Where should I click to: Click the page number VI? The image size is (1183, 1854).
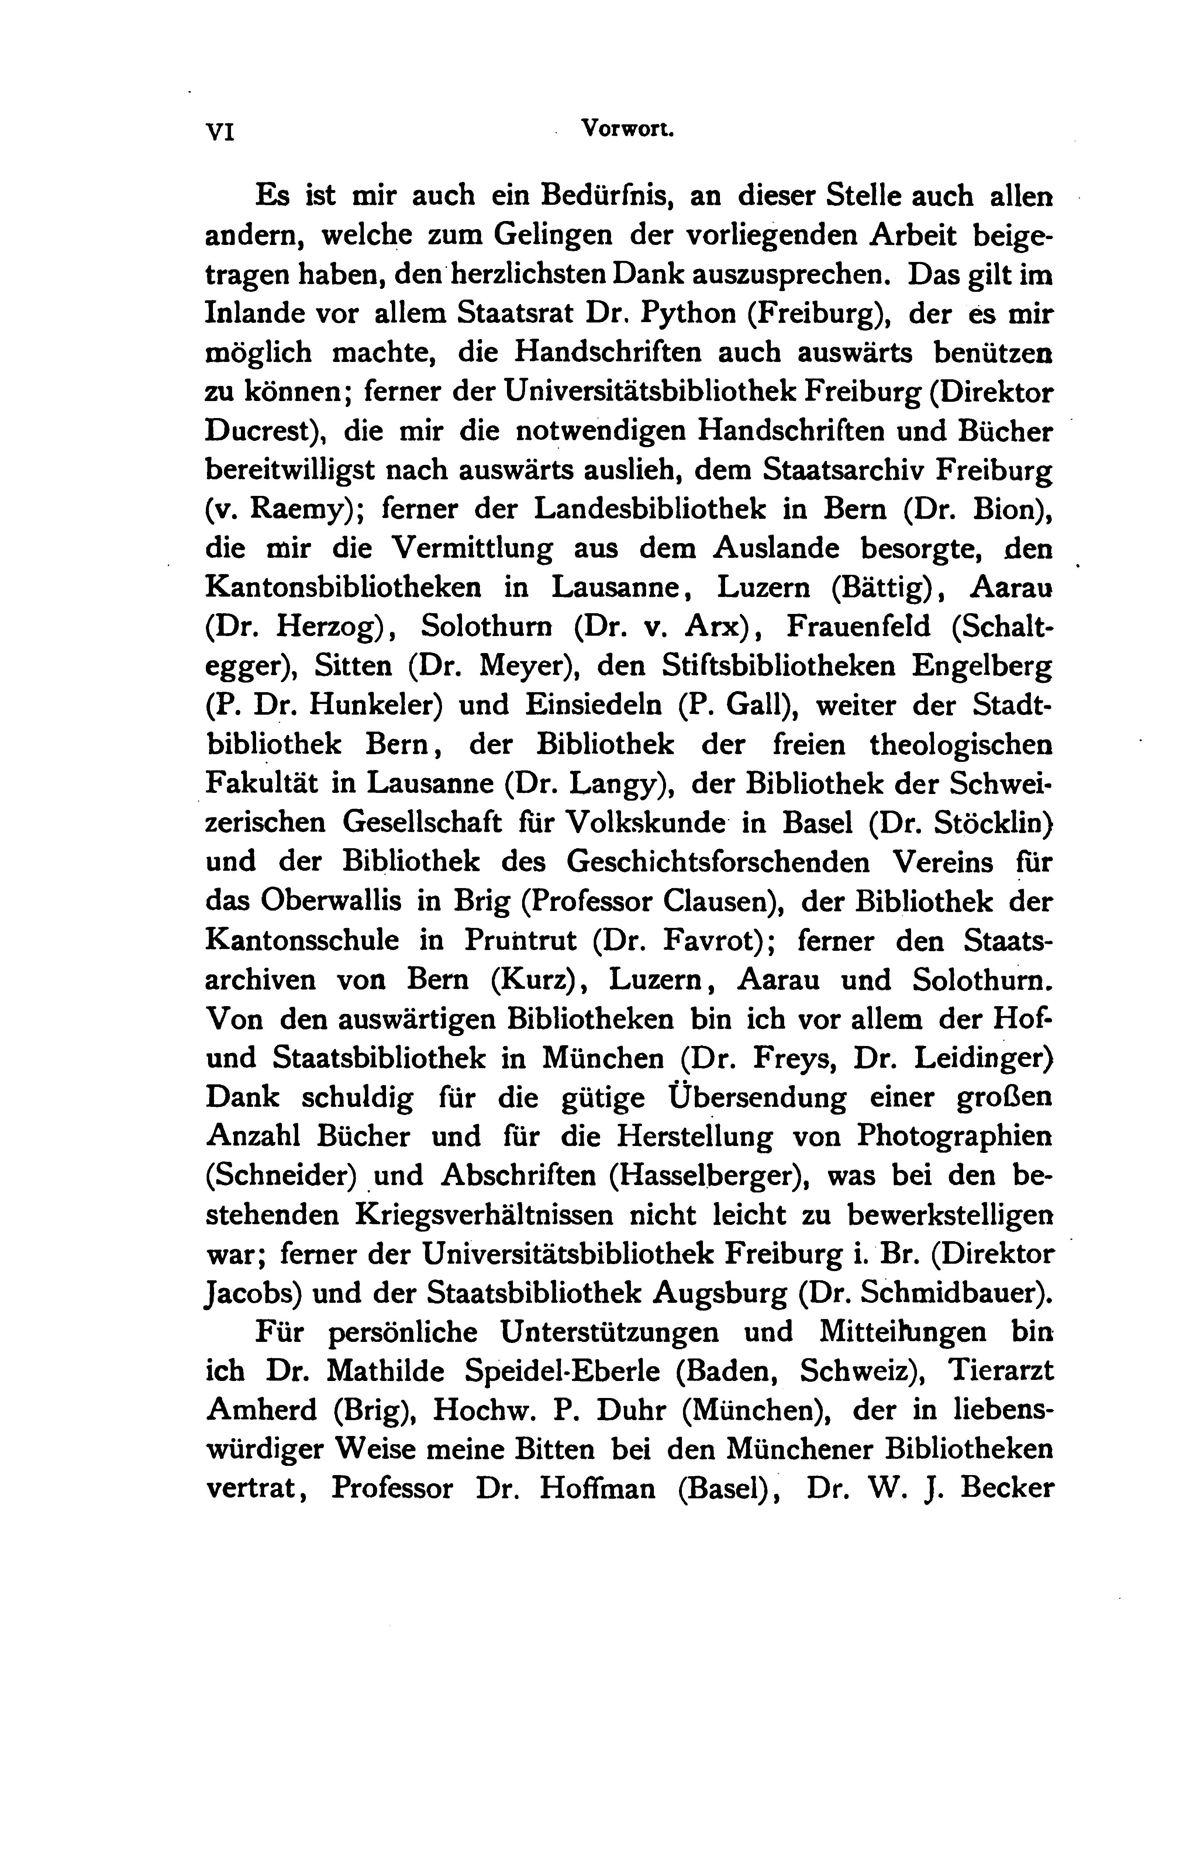click(220, 132)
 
